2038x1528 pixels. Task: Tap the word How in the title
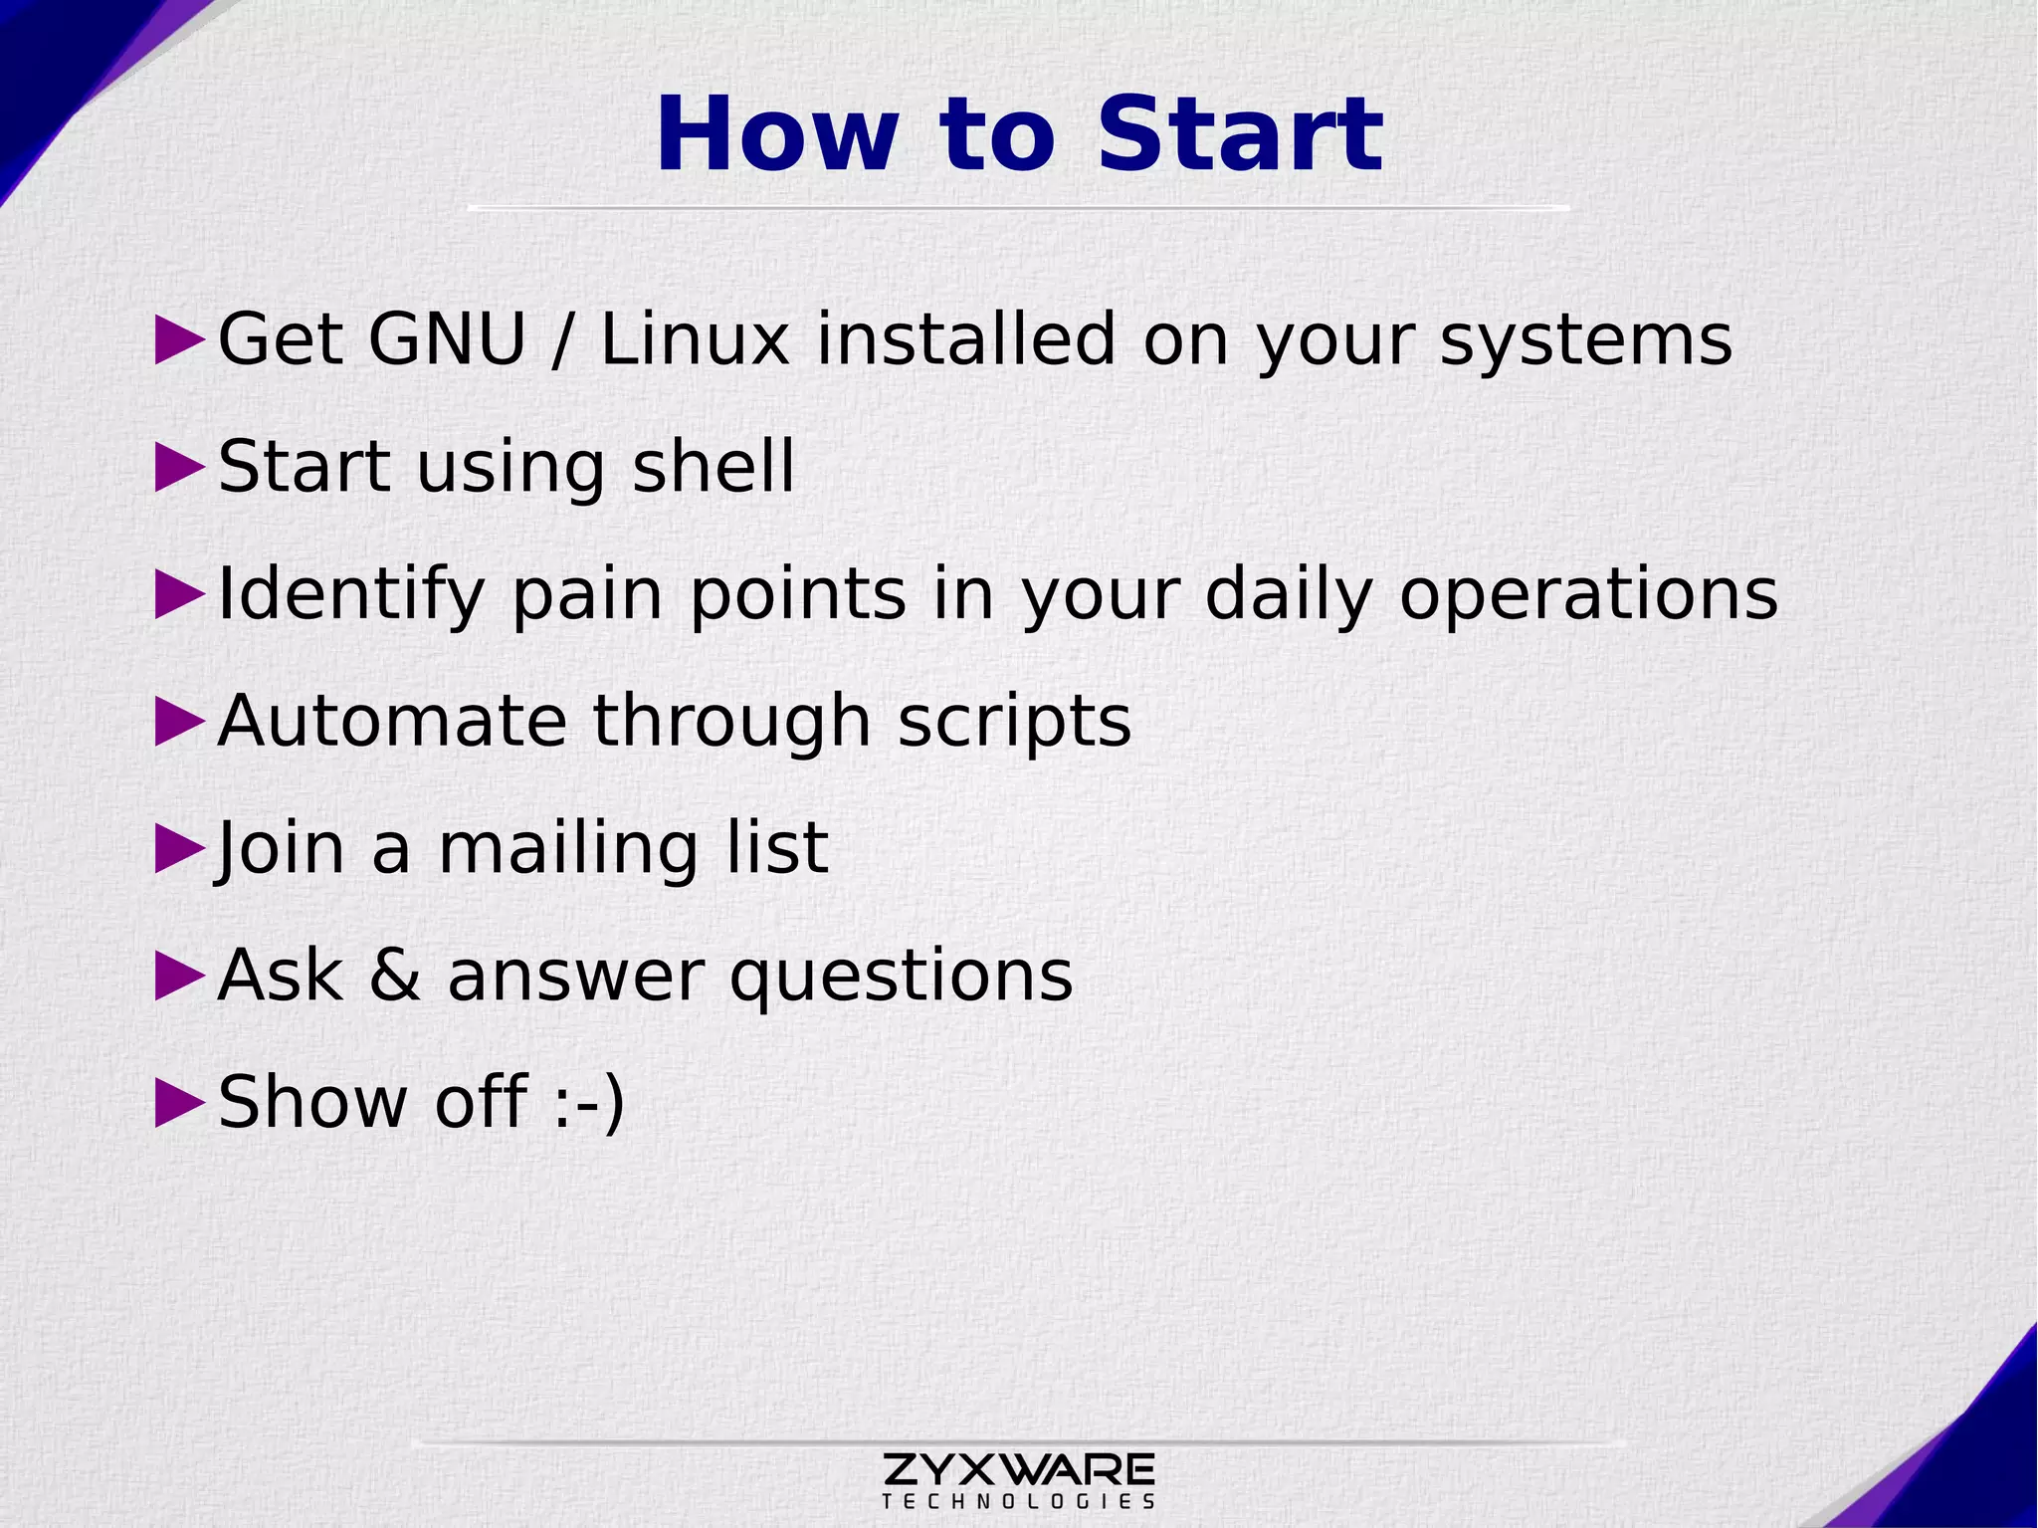point(775,134)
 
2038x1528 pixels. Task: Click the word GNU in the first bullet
point(446,339)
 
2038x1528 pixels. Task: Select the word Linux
point(695,339)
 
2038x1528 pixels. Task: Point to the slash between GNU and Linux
point(562,341)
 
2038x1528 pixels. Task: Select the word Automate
point(391,721)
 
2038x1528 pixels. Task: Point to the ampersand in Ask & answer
point(395,976)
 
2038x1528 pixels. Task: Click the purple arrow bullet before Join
point(179,850)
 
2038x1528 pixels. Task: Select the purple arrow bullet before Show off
point(179,1103)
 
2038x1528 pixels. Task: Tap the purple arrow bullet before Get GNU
point(179,341)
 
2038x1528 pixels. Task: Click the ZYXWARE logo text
point(1018,1468)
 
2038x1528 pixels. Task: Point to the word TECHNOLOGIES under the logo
point(1018,1501)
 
